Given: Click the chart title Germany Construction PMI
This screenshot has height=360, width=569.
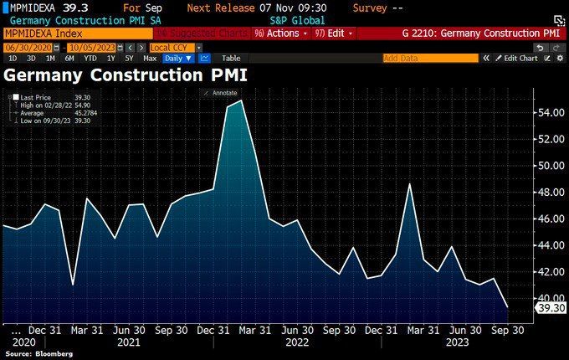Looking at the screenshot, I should [x=126, y=75].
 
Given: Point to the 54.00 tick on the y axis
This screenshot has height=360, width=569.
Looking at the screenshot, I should [x=548, y=112].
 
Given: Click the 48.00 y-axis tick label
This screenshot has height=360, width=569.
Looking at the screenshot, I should [x=548, y=192].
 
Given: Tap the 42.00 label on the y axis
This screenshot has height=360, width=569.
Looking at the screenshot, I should [x=548, y=272].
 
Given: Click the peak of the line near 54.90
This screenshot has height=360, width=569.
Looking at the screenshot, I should [x=241, y=100].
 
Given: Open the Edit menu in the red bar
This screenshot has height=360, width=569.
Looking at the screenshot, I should [x=334, y=33].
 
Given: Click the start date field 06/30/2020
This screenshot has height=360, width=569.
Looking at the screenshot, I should [x=23, y=47].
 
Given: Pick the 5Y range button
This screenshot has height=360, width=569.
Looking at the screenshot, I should [x=128, y=59].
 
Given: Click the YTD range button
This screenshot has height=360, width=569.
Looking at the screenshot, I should [x=91, y=59].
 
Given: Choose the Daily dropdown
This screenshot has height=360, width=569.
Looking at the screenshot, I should [x=177, y=59].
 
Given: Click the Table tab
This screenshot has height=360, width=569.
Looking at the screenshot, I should [x=230, y=59].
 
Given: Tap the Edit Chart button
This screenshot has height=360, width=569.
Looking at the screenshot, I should [x=515, y=59].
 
